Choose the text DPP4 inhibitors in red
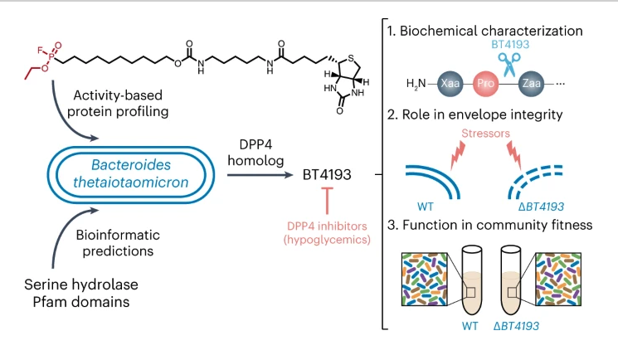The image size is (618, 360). pos(328,225)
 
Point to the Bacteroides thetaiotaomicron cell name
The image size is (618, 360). pos(129,173)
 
